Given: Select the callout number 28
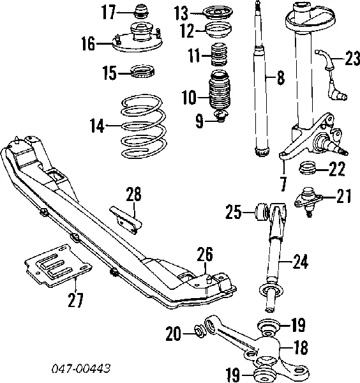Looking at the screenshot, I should pyautogui.click(x=133, y=194).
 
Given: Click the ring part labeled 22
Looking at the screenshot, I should pyautogui.click(x=309, y=169).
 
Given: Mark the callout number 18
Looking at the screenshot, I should pyautogui.click(x=300, y=347).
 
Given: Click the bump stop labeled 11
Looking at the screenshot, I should pyautogui.click(x=220, y=57).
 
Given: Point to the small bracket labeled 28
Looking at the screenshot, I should pyautogui.click(x=126, y=217).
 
